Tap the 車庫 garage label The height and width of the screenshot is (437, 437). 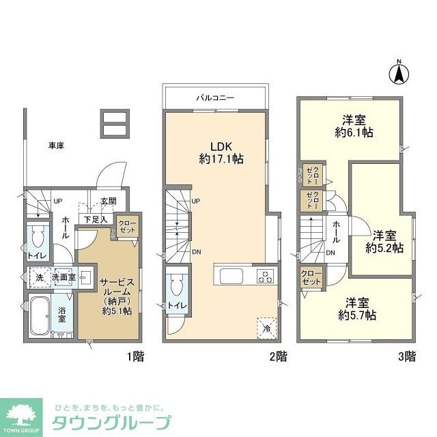tap(57, 145)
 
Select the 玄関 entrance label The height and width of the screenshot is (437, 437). tap(109, 201)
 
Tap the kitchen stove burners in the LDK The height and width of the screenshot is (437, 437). tap(265, 277)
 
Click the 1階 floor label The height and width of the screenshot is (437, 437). tap(135, 356)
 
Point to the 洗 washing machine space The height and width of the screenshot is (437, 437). tap(39, 278)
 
